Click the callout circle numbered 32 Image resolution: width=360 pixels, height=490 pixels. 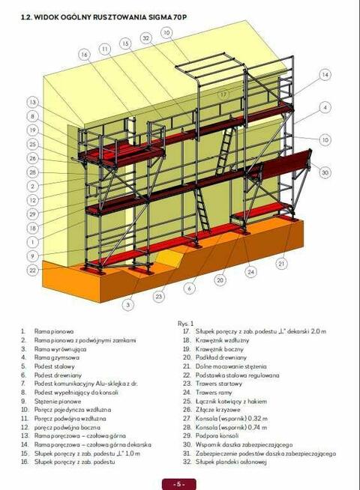[x=146, y=37]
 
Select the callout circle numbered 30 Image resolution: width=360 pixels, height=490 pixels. [x=325, y=172]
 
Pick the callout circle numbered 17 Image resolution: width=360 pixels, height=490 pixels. [x=223, y=95]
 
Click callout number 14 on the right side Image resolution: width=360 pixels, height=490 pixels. [x=325, y=75]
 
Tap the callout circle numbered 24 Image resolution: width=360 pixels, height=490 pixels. [x=250, y=271]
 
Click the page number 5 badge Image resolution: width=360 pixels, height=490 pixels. [x=180, y=483]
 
